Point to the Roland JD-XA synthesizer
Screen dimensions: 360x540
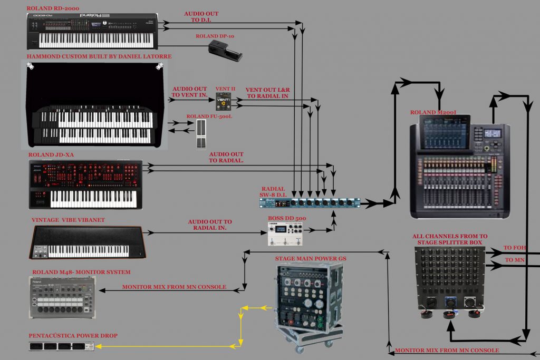tap(85, 184)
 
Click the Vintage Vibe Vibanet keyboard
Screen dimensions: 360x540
tap(88, 242)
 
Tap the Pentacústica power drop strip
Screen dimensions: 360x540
tap(61, 346)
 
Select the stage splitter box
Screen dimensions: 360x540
tap(450, 280)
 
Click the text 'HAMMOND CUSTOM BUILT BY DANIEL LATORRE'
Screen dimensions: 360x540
tap(99, 56)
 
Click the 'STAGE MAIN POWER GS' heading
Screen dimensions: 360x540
tap(310, 258)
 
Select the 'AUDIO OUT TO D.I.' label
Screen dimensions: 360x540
tap(201, 17)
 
